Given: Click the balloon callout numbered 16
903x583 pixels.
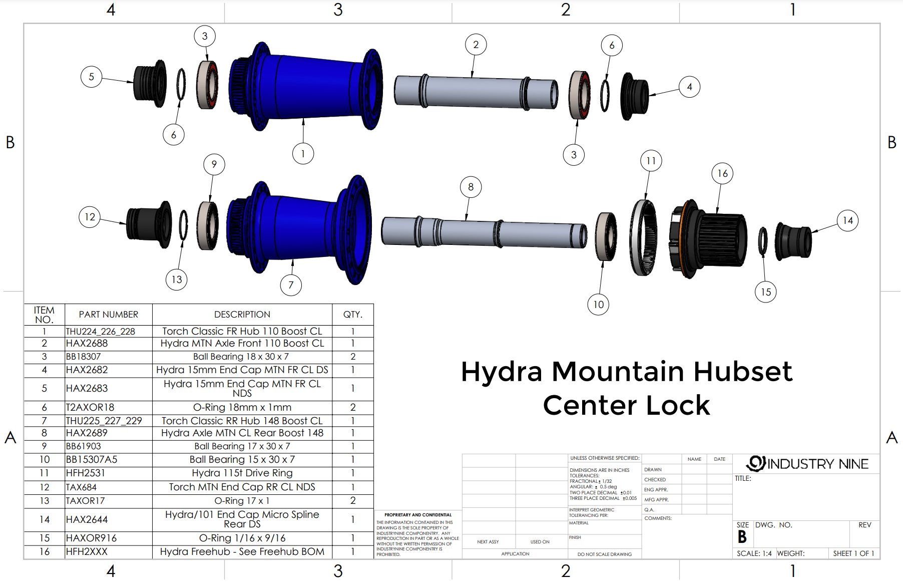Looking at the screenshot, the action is coord(722,173).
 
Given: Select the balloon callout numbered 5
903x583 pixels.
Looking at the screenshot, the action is coord(91,77).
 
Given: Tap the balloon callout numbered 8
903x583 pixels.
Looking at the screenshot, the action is coord(471,187).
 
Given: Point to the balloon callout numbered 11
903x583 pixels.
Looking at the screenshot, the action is coord(651,160).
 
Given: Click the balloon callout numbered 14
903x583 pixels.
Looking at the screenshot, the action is coord(847,220).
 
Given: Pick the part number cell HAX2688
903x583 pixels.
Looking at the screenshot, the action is coord(87,344).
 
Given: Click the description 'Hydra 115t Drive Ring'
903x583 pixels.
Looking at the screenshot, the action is coord(242,473).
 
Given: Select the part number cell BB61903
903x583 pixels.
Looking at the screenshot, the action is coord(84,446).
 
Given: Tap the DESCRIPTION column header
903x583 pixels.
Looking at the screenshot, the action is coord(242,315).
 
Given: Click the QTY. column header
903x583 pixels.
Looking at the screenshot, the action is coord(352,315).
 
